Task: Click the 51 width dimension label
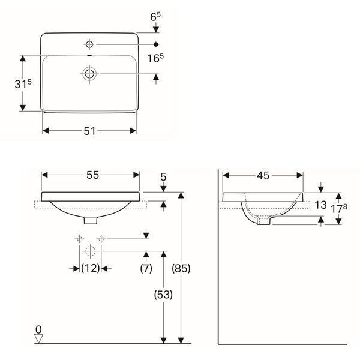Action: click(x=89, y=131)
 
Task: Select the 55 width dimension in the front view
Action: click(x=93, y=175)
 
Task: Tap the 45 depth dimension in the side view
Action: click(x=263, y=176)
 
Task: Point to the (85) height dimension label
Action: click(x=181, y=268)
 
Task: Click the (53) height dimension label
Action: click(x=163, y=295)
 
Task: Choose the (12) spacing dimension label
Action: click(x=91, y=268)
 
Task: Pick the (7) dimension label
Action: click(x=146, y=268)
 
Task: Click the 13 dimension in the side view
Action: click(x=320, y=205)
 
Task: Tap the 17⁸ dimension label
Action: click(x=339, y=208)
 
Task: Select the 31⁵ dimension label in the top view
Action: click(x=23, y=84)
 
